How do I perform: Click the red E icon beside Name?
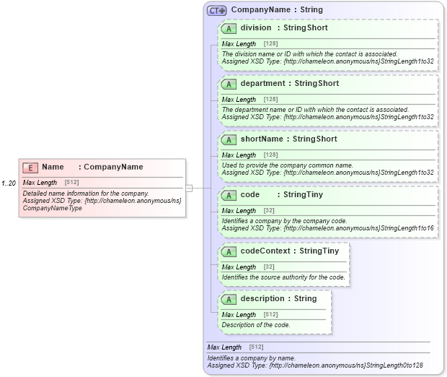click(30, 168)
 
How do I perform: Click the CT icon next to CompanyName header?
click(216, 11)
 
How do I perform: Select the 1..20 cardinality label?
click(9, 183)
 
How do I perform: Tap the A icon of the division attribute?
click(229, 28)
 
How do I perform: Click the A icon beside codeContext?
click(229, 251)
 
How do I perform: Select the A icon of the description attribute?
click(229, 299)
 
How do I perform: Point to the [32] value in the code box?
click(269, 211)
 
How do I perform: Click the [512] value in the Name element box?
click(71, 183)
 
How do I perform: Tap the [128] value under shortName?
click(270, 155)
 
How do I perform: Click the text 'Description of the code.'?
click(256, 325)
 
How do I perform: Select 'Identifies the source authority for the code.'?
click(283, 277)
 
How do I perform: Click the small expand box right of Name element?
click(189, 188)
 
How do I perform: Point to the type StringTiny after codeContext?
click(319, 251)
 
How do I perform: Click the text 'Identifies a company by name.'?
click(252, 358)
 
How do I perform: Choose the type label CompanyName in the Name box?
click(113, 168)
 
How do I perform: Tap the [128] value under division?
click(270, 44)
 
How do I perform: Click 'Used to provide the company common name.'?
click(287, 165)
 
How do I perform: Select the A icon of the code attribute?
click(229, 195)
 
